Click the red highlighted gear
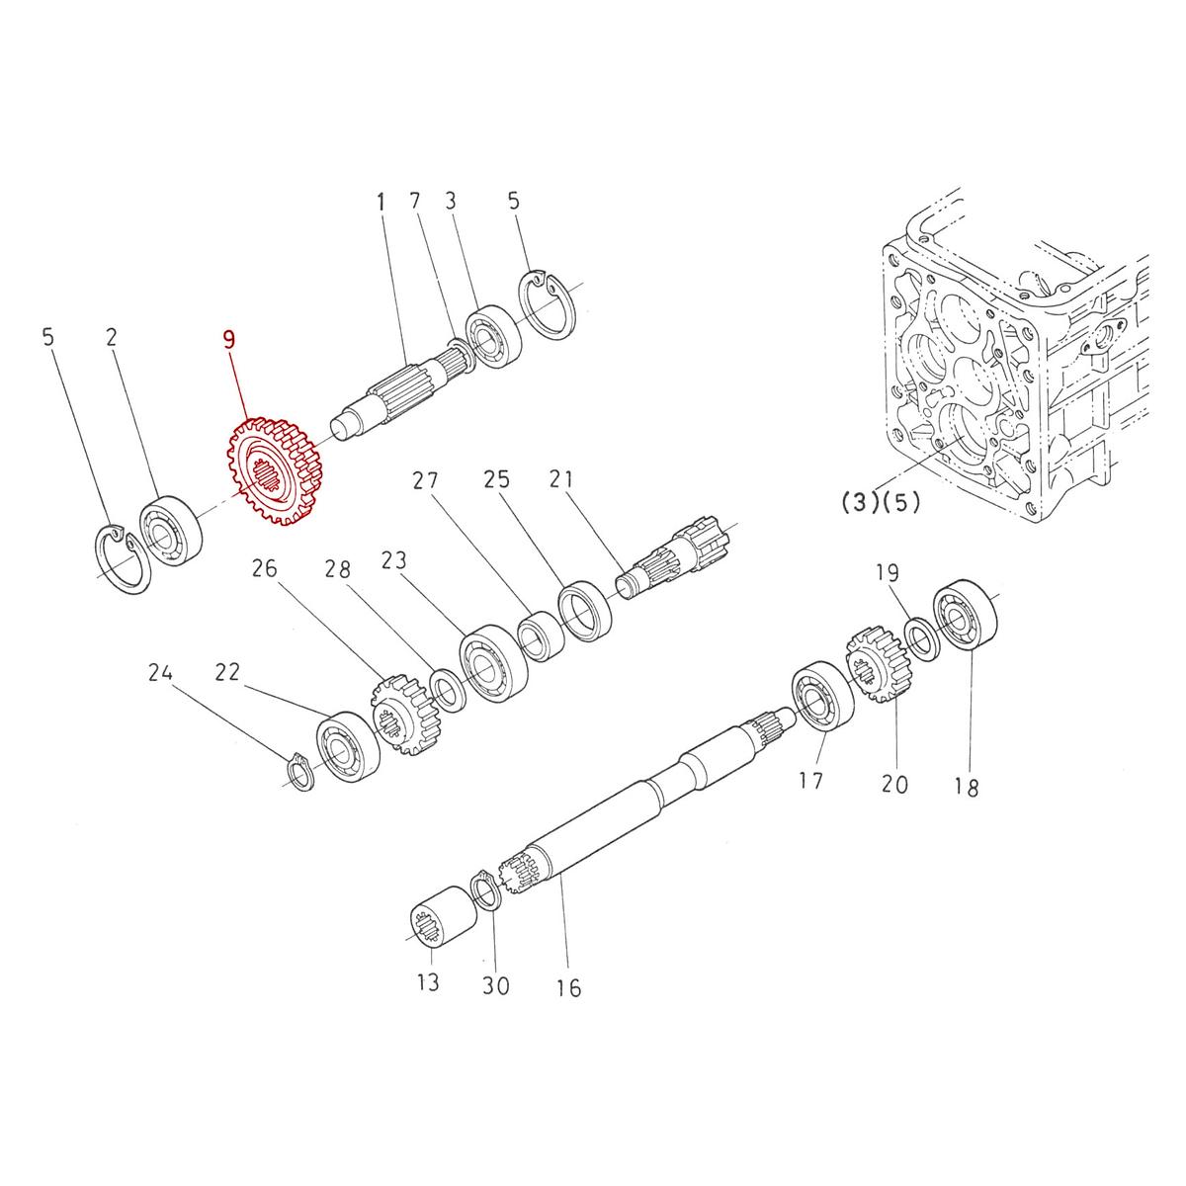tap(276, 472)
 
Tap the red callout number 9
tap(229, 341)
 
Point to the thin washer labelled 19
tap(921, 637)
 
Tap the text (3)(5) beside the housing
tap(880, 502)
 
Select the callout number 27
tap(425, 481)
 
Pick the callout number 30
tap(496, 985)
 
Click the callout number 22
tap(227, 672)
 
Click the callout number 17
tap(810, 781)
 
